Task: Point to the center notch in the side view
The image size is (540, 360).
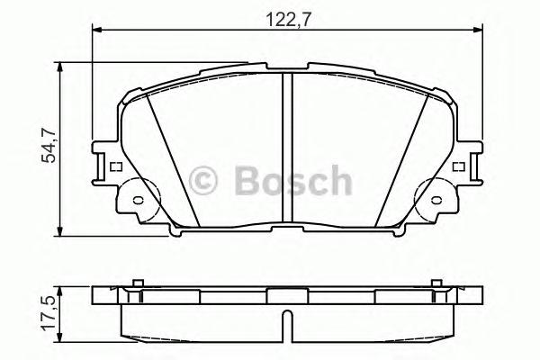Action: coord(285,324)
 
